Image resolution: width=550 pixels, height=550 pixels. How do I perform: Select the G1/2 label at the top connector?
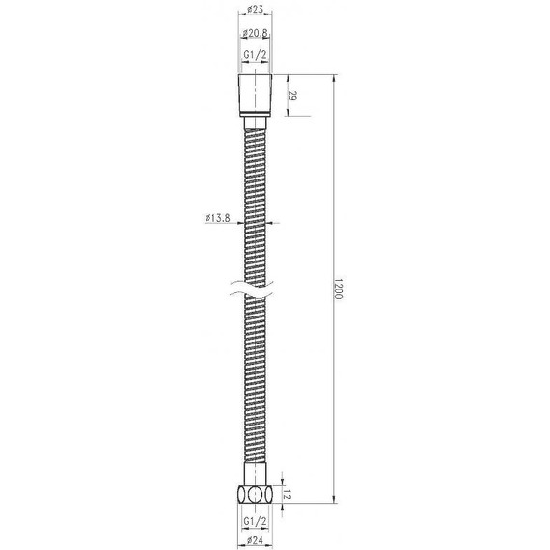coord(257,56)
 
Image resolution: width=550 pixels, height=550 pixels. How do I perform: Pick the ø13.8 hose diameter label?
coord(217,218)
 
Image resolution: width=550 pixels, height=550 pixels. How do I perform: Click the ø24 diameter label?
coord(257,540)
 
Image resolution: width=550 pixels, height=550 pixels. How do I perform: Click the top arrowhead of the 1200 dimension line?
coord(334,80)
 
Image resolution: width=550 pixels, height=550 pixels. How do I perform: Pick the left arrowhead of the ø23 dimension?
coord(240,17)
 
